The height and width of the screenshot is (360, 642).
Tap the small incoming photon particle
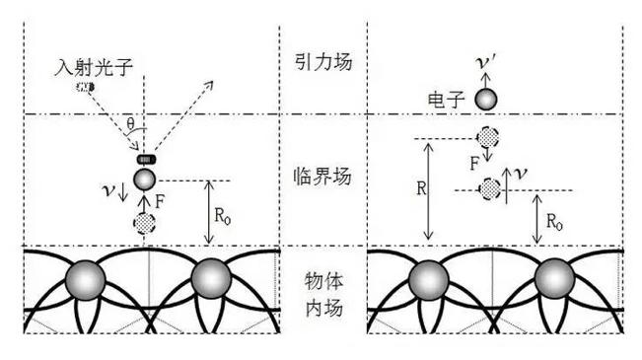point(85,88)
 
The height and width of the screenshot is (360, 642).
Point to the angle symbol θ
point(132,124)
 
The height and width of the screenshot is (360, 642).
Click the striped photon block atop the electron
point(146,159)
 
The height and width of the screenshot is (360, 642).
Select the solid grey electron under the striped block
point(145,179)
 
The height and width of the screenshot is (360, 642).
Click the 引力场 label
point(322,62)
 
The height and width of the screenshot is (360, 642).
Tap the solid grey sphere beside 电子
point(486,99)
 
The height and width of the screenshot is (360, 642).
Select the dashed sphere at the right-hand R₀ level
point(488,187)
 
